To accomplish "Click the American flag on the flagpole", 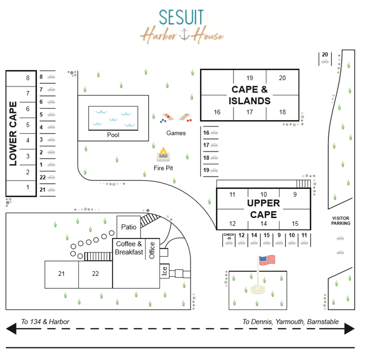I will [267, 260].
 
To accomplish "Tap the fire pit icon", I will [163, 155].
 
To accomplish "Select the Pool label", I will [113, 135].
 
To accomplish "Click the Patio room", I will [129, 227].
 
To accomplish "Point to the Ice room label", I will [164, 270].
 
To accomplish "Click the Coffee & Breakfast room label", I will [129, 248].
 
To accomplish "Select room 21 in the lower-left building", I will [61, 274].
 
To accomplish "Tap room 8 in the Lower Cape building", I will [28, 78].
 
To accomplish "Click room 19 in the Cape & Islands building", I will [250, 78].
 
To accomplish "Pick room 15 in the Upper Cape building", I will [295, 223].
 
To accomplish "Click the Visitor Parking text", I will [341, 221].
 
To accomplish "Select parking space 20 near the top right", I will [325, 55].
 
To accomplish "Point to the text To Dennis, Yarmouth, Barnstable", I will [291, 322].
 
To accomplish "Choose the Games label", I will [176, 133].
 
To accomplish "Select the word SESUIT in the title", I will [182, 17].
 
